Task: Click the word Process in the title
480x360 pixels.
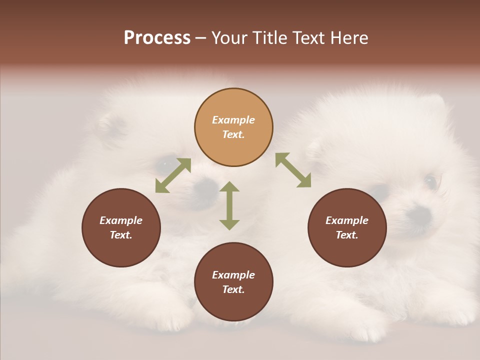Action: (157, 38)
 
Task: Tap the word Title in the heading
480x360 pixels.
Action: (268, 38)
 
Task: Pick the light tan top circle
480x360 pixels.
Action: (233, 127)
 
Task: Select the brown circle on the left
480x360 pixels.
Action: (121, 227)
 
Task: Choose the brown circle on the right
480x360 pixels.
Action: (347, 227)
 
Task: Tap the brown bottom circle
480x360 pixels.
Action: (233, 281)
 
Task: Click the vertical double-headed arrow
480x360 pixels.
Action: (229, 205)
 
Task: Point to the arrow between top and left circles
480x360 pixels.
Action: (173, 175)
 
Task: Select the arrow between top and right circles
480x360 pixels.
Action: (293, 170)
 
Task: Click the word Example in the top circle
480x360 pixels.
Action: (233, 120)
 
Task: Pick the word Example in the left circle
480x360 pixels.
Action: (121, 220)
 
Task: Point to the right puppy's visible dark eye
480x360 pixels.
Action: (430, 180)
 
